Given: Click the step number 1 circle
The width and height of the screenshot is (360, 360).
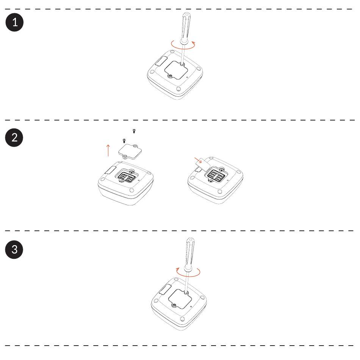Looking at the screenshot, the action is pos(14,22).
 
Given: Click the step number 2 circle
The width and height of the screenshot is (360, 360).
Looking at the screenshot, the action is pos(14,137).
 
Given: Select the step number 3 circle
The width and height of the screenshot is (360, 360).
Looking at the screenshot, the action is pos(14,250).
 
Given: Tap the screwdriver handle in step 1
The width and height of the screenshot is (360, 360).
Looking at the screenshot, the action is pos(185,28).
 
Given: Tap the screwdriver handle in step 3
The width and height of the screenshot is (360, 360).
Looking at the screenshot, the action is pos(190,254).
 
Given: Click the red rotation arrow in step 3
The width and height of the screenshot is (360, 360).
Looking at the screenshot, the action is pos(188,276).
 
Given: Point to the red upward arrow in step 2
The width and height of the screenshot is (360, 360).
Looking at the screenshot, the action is pos(108,150).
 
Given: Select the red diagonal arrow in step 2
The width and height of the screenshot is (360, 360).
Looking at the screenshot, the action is pos(198,160).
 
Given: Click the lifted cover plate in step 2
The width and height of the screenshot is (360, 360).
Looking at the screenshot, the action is pos(130,152).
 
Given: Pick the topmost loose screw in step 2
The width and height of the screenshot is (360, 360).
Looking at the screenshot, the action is pos(134,131).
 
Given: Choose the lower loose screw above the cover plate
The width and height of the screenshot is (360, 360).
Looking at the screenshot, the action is pos(124,141).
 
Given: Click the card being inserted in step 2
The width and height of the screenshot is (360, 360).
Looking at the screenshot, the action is pos(202,164).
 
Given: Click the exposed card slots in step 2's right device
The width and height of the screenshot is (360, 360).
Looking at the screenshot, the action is pos(216,175).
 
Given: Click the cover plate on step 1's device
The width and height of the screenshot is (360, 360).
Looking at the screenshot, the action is pos(176,70).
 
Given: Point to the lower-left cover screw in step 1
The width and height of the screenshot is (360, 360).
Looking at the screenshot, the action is pos(170,75).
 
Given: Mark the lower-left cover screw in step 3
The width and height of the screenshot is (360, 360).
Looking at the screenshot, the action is pos(174,305).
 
